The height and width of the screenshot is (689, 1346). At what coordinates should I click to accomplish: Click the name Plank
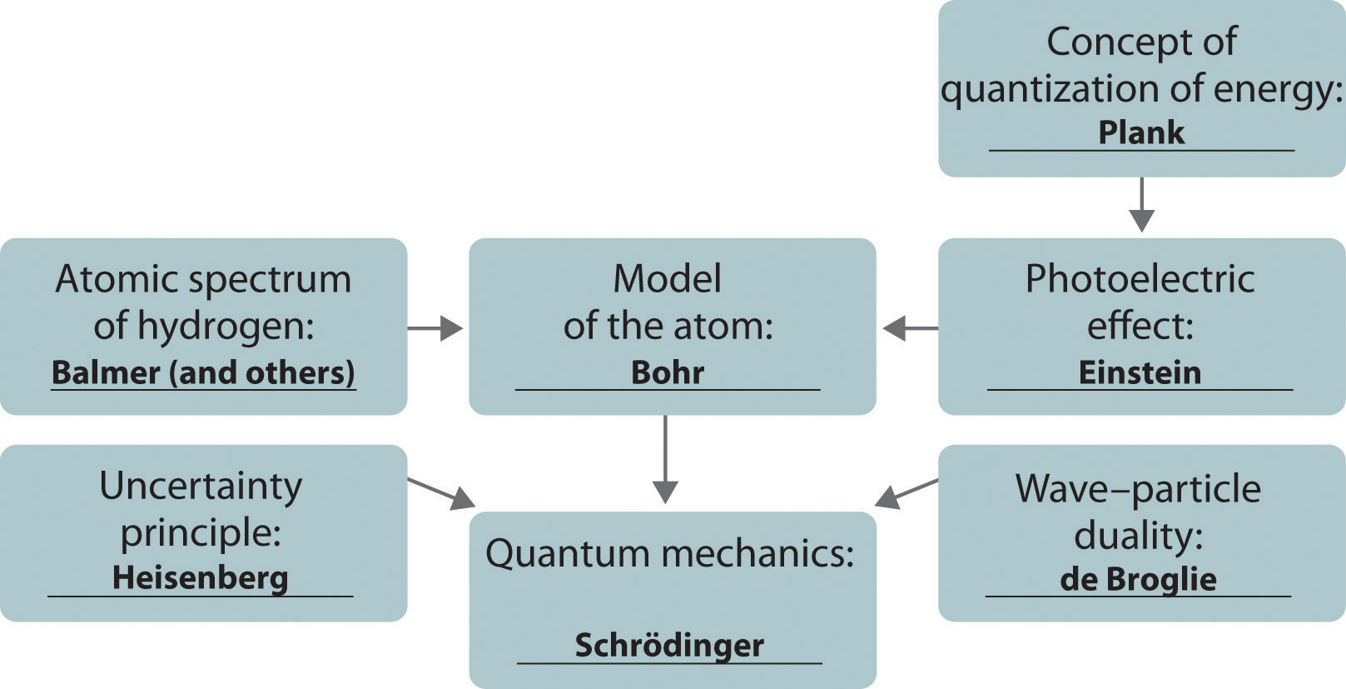(1141, 132)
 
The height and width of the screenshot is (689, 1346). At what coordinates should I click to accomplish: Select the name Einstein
(1140, 372)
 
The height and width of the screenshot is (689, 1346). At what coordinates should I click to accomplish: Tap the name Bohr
(668, 372)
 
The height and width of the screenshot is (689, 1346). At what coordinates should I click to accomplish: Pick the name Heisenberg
(201, 578)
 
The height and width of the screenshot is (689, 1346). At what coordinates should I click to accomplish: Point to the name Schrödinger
(669, 646)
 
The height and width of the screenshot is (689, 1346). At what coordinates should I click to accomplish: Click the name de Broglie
(1138, 580)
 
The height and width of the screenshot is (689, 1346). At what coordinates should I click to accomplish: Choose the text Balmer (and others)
(203, 372)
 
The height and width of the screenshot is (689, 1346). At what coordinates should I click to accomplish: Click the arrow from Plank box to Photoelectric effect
(1141, 204)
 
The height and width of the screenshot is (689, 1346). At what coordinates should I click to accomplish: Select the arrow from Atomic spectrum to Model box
(435, 328)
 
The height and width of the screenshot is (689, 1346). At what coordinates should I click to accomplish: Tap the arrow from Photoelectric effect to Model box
(909, 328)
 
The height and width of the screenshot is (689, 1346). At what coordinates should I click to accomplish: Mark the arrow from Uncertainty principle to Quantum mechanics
(441, 492)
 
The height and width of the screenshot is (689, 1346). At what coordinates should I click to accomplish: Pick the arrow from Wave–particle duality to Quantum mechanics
(906, 492)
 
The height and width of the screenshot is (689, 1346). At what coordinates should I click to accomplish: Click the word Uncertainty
(201, 487)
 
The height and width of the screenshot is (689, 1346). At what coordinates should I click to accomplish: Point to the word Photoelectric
(1140, 279)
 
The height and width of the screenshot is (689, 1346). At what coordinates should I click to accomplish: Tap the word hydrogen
(225, 327)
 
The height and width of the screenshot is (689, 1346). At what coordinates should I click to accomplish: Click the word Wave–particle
(1138, 489)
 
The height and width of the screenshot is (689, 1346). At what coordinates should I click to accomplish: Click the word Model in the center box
(668, 279)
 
